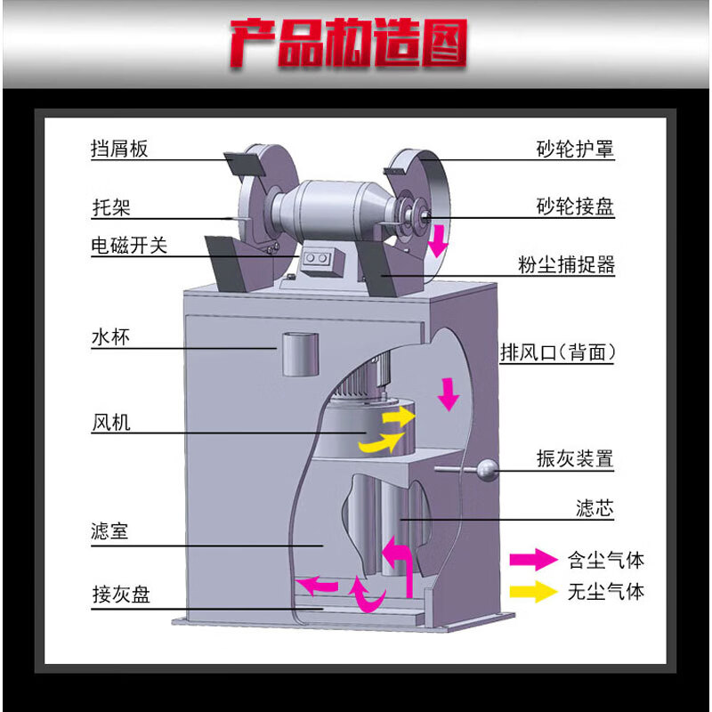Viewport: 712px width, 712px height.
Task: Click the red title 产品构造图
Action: (x=348, y=43)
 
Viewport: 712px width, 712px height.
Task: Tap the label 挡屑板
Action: (x=119, y=149)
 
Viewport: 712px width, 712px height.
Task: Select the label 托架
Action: (x=111, y=207)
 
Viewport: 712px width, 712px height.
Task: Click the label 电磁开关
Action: (x=129, y=246)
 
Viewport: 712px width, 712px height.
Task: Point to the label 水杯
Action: (x=110, y=337)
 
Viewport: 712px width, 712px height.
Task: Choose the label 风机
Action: (x=111, y=422)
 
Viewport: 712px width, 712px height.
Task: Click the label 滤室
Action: (x=109, y=530)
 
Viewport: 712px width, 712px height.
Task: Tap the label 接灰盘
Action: (x=121, y=594)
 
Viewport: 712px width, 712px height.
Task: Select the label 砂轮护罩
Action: (x=575, y=149)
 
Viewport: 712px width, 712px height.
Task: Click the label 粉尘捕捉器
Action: (x=566, y=264)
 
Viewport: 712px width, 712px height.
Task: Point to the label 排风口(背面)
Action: (x=558, y=352)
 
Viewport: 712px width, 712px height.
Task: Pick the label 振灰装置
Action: (x=575, y=458)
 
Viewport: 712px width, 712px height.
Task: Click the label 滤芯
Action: (x=595, y=508)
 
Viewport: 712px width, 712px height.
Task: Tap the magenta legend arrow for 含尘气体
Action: (x=533, y=560)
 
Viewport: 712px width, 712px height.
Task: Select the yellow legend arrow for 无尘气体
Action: (x=533, y=591)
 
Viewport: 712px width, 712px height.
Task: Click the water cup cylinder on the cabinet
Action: (x=300, y=354)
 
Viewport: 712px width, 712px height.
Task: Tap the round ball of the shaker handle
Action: (x=487, y=470)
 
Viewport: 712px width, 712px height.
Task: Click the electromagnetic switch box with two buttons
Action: (x=318, y=261)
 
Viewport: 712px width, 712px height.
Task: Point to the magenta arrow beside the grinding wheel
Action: (x=438, y=240)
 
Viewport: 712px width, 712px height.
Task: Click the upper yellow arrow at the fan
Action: (x=399, y=417)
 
